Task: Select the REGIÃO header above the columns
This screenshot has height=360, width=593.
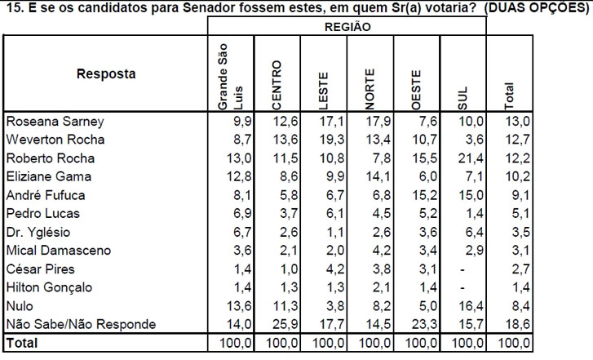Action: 347,26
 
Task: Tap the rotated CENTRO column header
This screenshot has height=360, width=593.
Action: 277,85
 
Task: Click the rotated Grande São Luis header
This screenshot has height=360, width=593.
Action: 231,77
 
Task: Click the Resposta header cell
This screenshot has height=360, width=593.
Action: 106,74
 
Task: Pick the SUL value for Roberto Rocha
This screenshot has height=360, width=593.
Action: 474,158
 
